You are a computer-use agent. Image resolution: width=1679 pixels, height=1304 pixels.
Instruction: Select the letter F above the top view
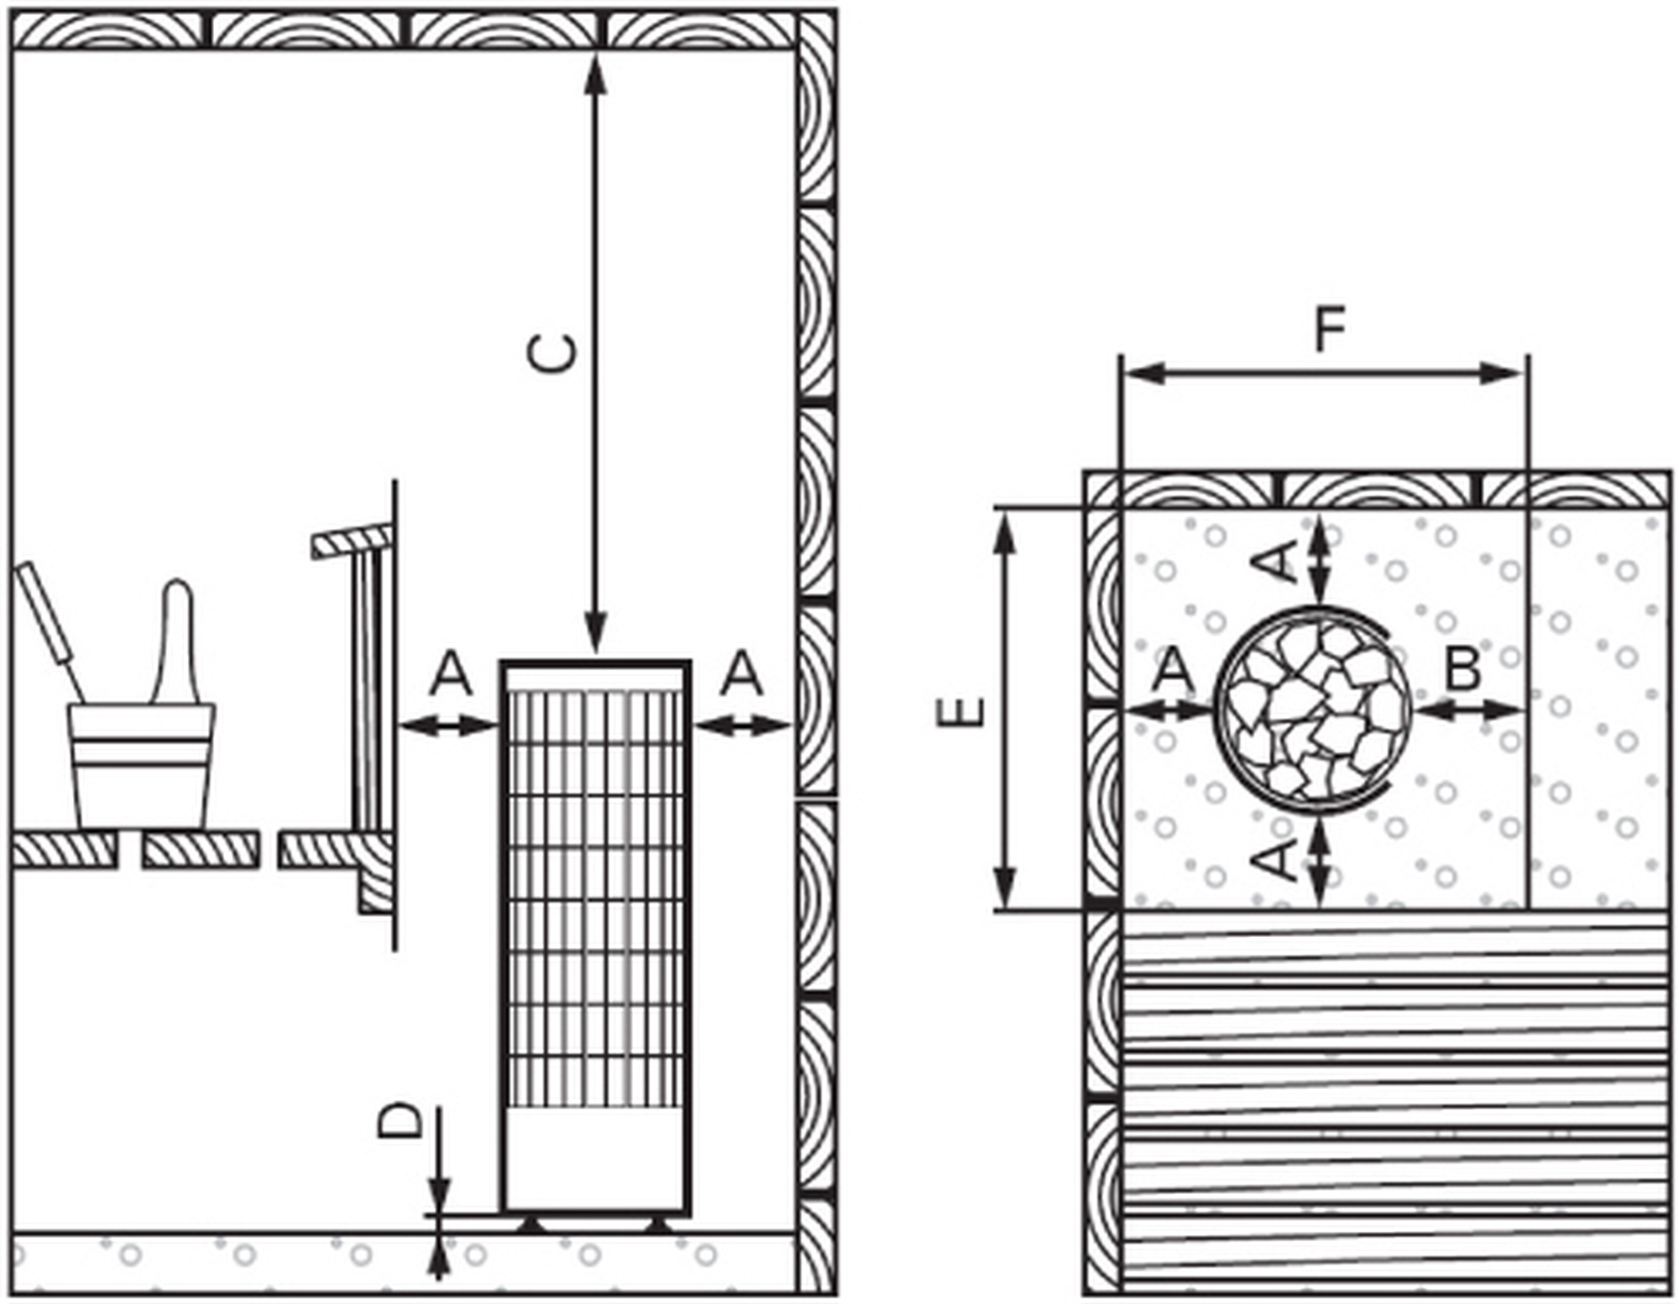1330,330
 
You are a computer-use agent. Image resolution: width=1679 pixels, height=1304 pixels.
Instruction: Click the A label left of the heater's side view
451,673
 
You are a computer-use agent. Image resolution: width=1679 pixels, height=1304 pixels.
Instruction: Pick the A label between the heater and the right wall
742,673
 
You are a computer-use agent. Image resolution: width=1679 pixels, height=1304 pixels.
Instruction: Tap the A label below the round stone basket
1279,858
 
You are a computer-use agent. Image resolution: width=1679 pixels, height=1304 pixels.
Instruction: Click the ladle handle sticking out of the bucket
49,621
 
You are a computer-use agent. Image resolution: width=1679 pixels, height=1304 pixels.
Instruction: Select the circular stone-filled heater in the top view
1314,710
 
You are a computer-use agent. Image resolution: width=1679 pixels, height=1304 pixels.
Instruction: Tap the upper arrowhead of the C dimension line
595,71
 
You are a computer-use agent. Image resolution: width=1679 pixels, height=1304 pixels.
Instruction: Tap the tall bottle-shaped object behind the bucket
177,642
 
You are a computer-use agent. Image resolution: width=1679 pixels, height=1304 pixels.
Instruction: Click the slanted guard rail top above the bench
352,542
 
